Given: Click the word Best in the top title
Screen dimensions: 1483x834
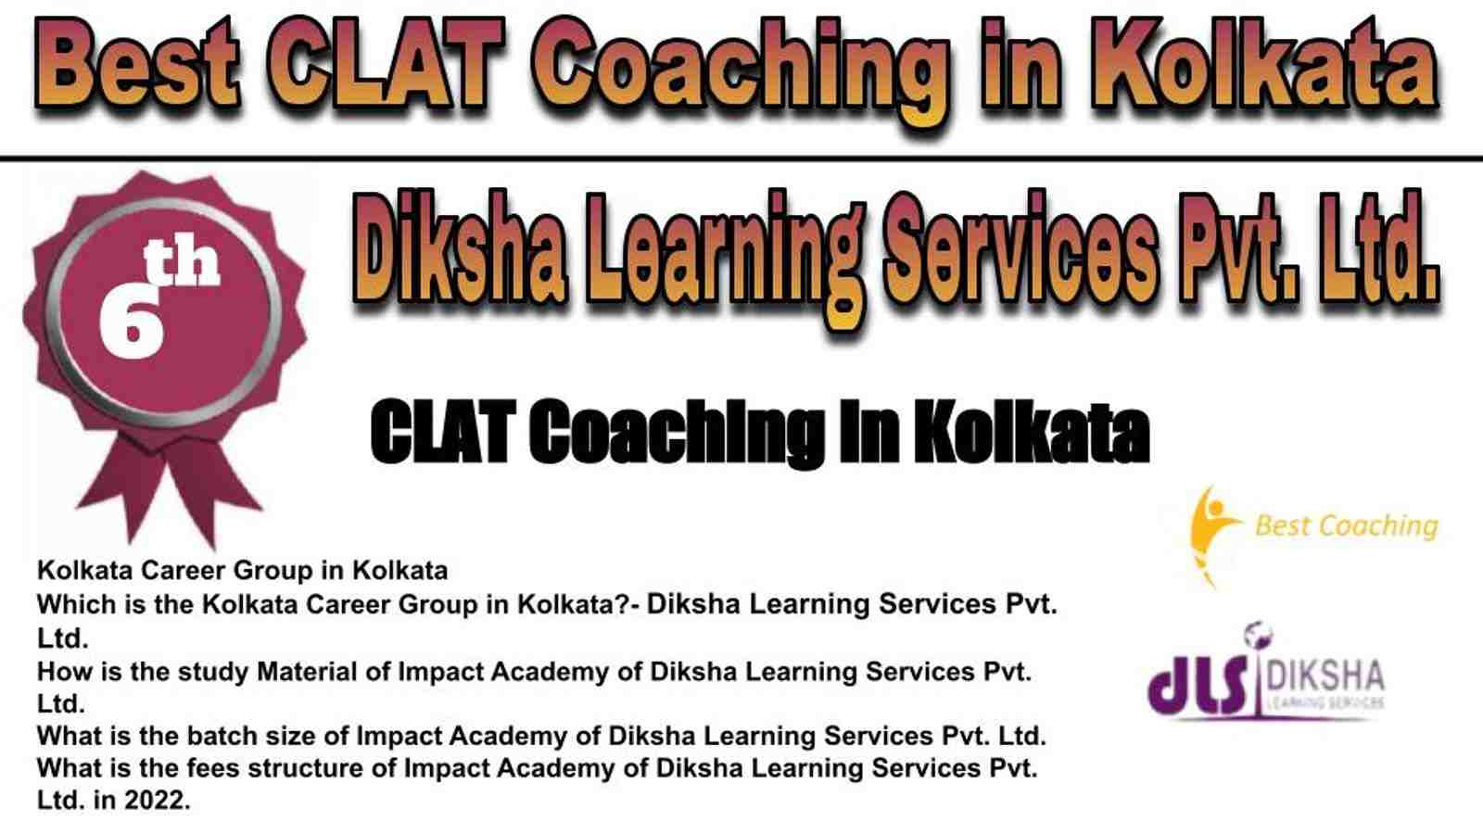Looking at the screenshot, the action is [137, 64].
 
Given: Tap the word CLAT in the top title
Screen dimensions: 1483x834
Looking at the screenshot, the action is [387, 64].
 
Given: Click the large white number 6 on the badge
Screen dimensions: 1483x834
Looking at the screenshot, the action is [132, 323].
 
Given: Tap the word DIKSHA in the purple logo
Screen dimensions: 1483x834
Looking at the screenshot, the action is [1325, 676].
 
